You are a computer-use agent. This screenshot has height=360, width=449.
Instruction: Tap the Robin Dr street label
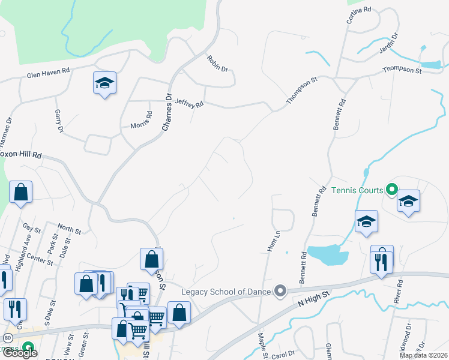coord(217,64)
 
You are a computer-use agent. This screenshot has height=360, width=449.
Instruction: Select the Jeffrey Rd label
coord(190,103)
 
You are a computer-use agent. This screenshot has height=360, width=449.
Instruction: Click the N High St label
coord(315,298)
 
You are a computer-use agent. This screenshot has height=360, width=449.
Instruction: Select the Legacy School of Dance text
coord(228,292)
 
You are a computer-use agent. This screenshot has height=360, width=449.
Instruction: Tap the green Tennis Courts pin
coord(391,190)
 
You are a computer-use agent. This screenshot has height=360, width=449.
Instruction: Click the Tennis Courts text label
coord(357,190)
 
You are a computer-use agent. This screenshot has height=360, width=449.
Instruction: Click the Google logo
coord(20,353)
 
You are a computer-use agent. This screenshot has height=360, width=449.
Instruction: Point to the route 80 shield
coord(8,338)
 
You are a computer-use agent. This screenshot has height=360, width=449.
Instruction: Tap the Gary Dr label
coord(59,121)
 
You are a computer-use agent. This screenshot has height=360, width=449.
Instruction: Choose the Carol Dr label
coord(283,355)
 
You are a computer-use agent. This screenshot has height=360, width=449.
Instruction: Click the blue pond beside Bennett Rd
coord(327,255)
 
